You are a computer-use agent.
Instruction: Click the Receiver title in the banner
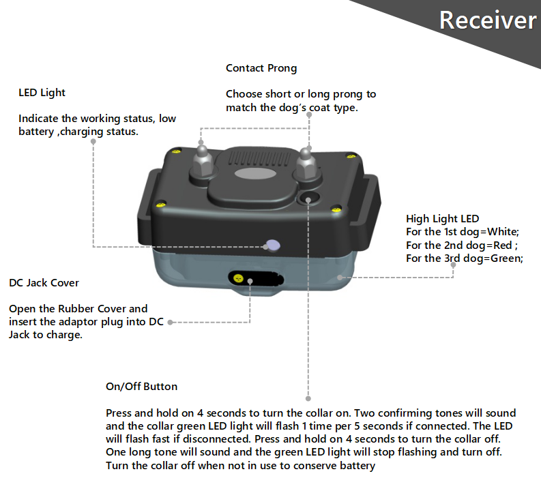[x=487, y=20]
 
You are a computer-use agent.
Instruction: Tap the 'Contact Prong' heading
[x=261, y=68]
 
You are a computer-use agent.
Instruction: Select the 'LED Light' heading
[x=42, y=92]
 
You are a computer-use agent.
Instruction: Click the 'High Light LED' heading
[x=442, y=219]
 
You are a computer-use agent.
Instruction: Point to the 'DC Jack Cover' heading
[x=44, y=282]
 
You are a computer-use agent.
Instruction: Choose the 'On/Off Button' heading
[x=141, y=387]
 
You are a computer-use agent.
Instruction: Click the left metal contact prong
[x=202, y=158]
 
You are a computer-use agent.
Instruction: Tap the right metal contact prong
[x=306, y=164]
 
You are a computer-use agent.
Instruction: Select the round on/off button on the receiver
[x=308, y=199]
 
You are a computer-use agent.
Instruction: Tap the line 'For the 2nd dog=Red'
[x=462, y=245]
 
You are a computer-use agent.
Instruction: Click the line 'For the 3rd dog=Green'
[x=464, y=258]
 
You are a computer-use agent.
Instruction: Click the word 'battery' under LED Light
[x=37, y=131]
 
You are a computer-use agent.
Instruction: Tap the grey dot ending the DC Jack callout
[x=171, y=322]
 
